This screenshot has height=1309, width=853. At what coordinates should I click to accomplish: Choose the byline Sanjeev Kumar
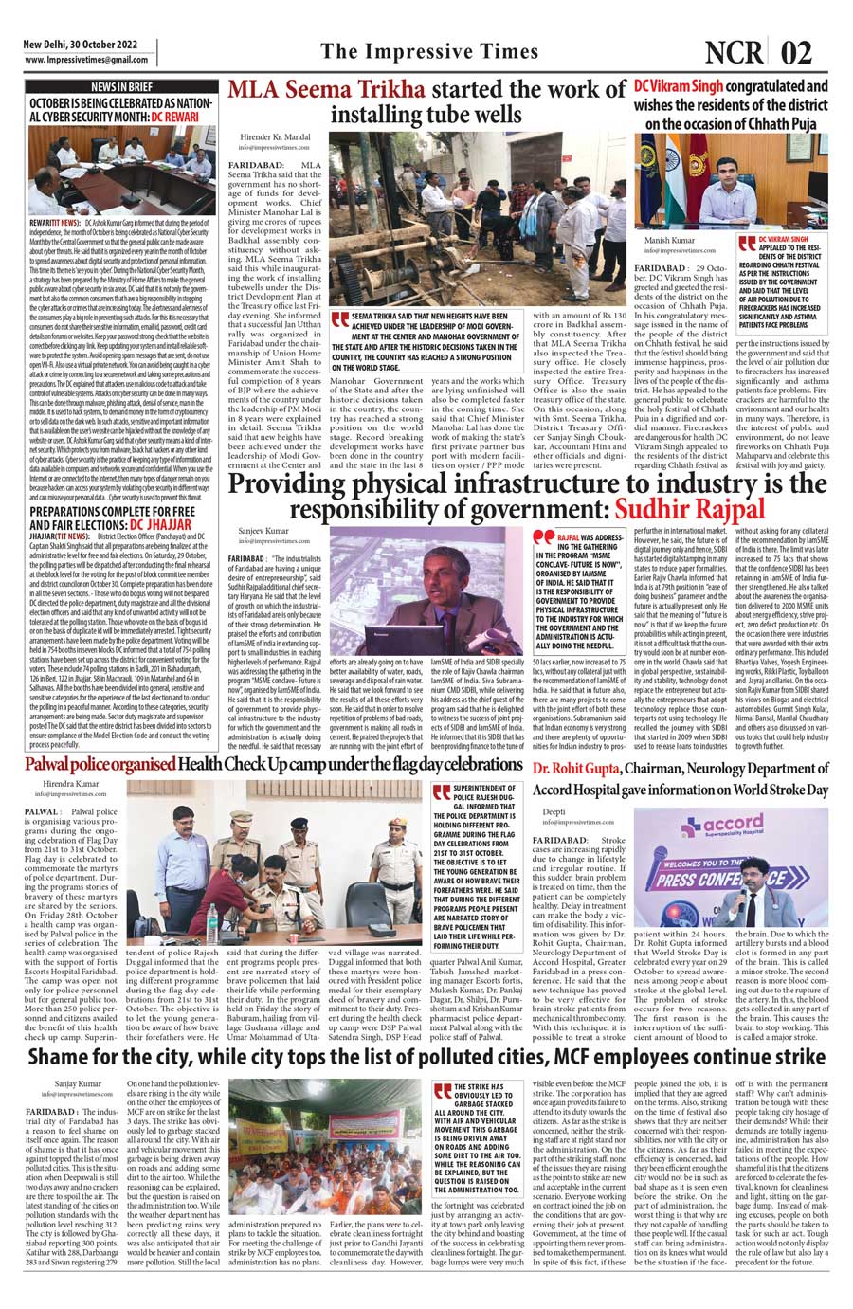263,531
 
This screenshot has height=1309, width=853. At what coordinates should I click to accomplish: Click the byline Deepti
554,811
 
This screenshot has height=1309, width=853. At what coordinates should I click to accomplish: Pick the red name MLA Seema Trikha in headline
327,90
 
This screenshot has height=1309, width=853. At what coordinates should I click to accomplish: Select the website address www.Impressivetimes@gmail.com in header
85,60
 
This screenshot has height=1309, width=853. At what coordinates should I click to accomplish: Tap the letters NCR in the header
737,53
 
